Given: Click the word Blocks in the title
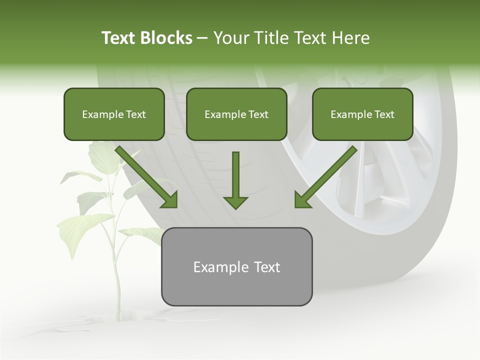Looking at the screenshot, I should [167, 38].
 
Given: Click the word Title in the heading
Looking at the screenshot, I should [269, 38].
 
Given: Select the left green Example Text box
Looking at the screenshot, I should [114, 114].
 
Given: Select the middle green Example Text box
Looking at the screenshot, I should [236, 114].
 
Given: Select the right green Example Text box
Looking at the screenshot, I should [362, 114].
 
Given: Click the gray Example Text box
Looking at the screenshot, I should [236, 266].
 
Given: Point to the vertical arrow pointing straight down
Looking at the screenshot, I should [235, 175].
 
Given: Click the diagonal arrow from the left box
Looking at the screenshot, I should [145, 175].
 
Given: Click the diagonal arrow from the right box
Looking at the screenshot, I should [327, 175].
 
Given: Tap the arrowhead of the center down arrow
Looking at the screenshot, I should [235, 202].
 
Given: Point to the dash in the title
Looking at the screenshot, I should [202, 38].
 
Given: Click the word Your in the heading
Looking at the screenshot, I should [230, 38].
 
